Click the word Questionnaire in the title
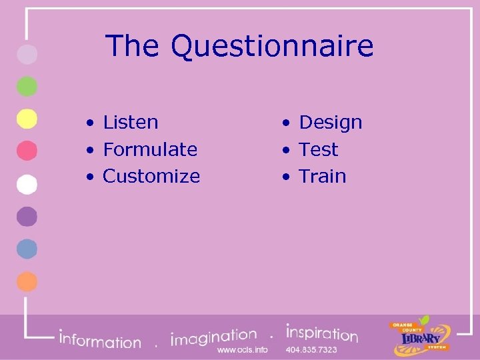tap(272, 47)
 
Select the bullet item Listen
tap(131, 123)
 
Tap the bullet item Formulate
tap(150, 149)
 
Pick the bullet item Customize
tap(151, 176)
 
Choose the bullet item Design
tap(330, 123)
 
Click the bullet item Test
tap(318, 149)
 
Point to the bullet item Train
tap(322, 176)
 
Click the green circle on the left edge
tap(27, 87)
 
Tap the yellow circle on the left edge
tap(27, 119)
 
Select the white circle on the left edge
tap(27, 184)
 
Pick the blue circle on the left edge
tap(27, 249)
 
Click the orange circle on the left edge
tap(27, 281)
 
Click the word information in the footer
tap(100, 340)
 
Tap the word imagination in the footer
tap(213, 337)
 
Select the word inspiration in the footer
tap(322, 333)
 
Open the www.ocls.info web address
tap(243, 350)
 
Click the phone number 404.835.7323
tap(311, 350)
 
